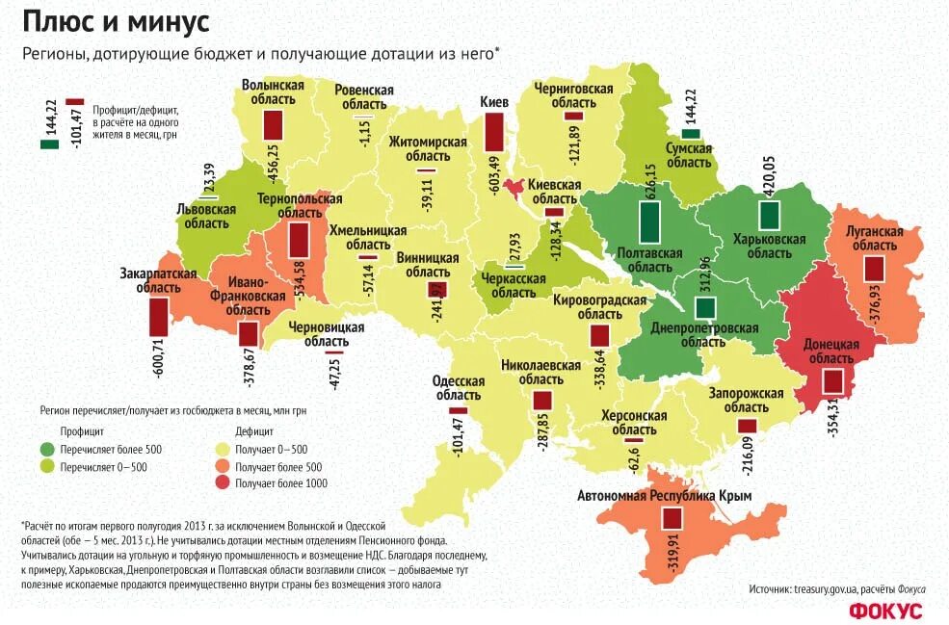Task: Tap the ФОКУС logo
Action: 885,611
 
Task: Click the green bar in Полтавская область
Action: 651,221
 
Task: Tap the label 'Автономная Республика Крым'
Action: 664,496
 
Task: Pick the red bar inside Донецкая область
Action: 832,380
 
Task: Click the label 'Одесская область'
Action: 458,387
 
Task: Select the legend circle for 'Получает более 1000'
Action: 224,483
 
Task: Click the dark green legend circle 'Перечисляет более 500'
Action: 47,450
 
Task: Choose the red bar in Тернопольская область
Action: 298,239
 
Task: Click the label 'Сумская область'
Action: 688,155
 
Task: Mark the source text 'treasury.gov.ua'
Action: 825,588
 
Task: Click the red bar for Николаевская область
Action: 541,399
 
